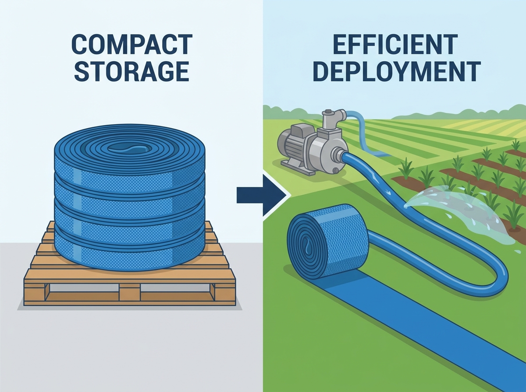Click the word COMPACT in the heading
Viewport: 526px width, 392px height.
[132, 45]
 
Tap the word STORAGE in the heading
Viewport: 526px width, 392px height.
[132, 71]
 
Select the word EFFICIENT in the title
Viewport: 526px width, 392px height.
[395, 45]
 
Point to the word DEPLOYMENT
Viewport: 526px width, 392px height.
[397, 71]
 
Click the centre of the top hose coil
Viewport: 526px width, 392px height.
[129, 149]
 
